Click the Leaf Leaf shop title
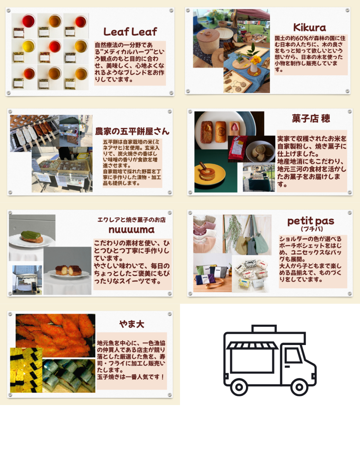130,32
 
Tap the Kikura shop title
310,28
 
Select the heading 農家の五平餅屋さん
132,131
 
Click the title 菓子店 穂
311,118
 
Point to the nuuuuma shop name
132,230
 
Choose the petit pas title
310,221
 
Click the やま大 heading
132,324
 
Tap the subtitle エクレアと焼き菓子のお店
132,220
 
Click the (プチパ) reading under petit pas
312,229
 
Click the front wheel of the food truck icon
299,387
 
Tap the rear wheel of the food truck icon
239,387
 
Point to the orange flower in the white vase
256,60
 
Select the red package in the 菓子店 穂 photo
237,148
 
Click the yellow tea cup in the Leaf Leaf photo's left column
28,46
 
